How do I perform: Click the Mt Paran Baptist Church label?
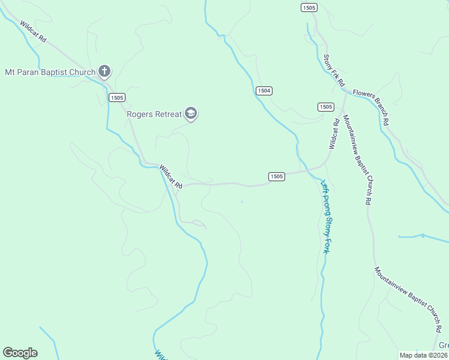click(50, 73)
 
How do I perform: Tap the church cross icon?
click(104, 72)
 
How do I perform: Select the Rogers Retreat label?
click(154, 113)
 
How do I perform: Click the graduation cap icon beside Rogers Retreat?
click(191, 113)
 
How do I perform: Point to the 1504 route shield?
click(264, 91)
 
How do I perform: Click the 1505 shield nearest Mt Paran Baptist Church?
click(117, 97)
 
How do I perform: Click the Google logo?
click(20, 352)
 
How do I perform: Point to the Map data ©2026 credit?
click(423, 355)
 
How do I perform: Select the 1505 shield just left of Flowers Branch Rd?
click(325, 107)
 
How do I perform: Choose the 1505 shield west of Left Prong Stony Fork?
click(276, 176)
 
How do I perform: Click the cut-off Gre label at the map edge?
click(444, 346)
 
